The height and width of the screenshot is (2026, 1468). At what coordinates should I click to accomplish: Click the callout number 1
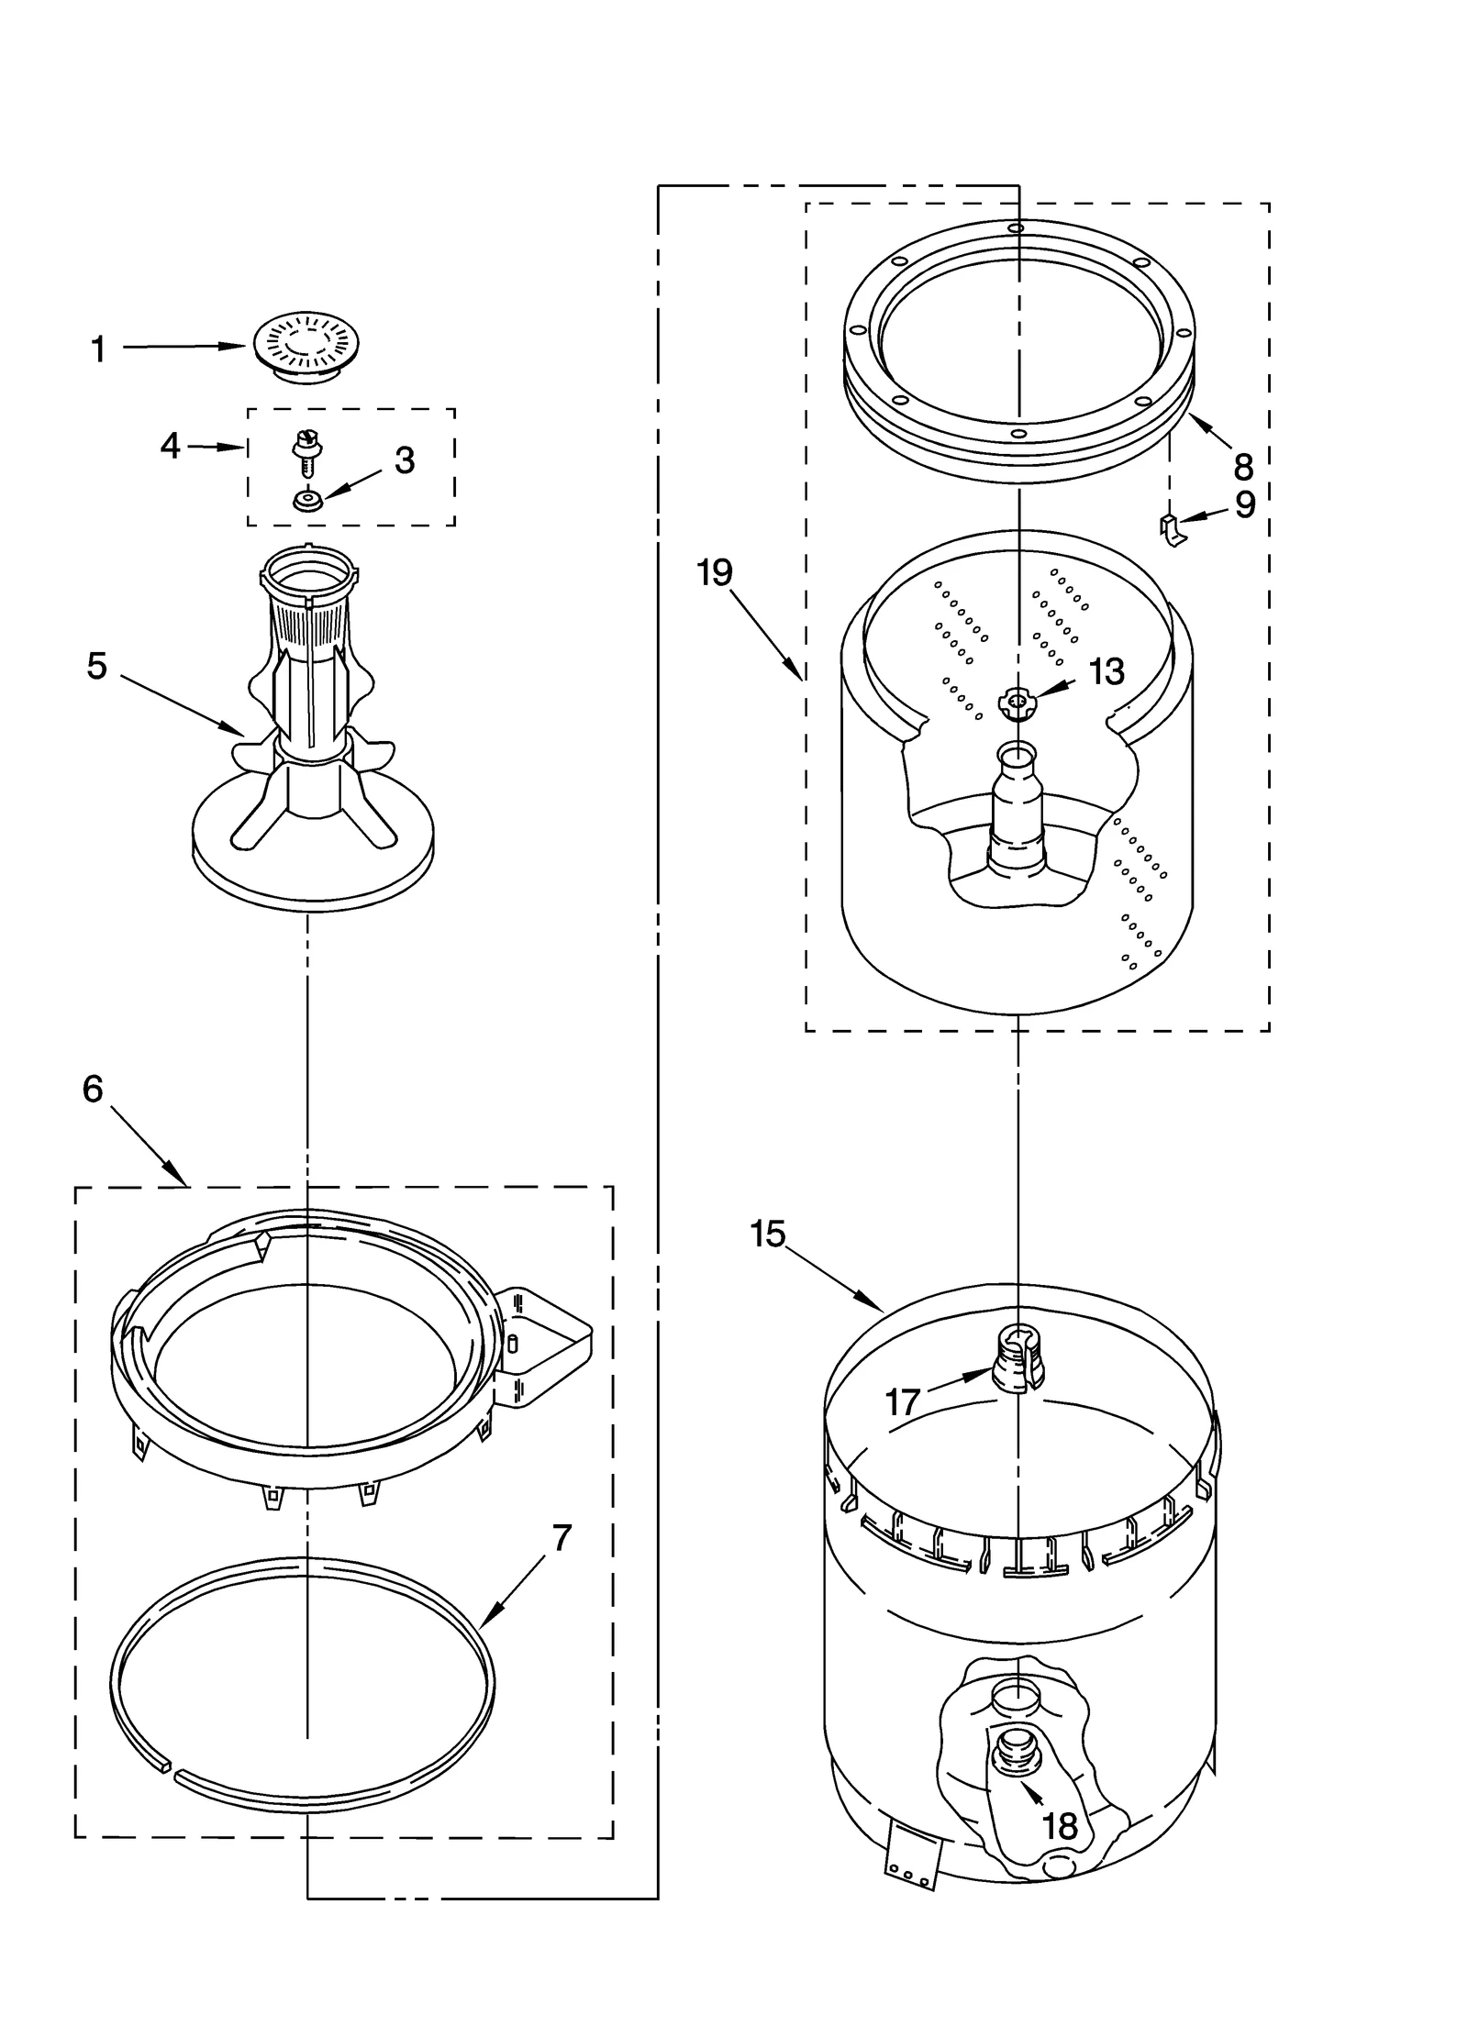tap(99, 349)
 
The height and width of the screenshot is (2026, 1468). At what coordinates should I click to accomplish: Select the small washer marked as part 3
tap(306, 501)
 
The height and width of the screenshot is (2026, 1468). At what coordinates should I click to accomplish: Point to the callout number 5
tap(97, 666)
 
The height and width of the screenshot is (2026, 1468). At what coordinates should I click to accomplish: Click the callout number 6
tap(93, 1089)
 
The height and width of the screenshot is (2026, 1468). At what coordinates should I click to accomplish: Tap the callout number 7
tap(562, 1537)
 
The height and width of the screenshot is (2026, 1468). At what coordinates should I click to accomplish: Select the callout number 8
tap(1243, 467)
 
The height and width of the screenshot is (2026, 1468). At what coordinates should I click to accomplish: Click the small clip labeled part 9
tap(1171, 529)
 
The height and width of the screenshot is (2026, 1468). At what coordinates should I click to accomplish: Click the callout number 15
tap(767, 1234)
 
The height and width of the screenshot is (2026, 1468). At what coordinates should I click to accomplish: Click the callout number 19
tap(715, 572)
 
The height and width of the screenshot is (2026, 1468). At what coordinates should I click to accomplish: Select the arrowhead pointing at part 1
tap(234, 346)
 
